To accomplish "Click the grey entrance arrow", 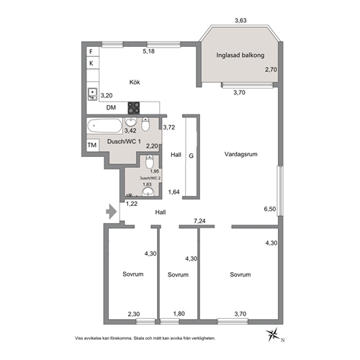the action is [112, 212].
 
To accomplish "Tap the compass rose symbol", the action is [272, 334].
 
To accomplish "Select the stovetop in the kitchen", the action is [134, 108].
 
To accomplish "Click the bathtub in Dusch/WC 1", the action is [104, 125].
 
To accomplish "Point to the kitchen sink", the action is [93, 94].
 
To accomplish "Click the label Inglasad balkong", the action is [240, 55].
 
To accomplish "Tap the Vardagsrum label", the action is [241, 154].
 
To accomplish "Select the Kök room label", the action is [135, 82].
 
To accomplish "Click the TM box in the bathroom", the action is [92, 145].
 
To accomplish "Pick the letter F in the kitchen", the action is [91, 52].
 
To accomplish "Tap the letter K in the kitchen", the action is [91, 63].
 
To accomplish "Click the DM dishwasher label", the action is [111, 107].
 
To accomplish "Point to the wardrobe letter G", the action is [191, 156].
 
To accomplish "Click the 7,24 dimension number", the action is [199, 221].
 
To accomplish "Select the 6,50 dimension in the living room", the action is [270, 209].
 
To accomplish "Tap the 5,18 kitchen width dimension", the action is [149, 51].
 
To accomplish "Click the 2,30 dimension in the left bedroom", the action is [134, 314].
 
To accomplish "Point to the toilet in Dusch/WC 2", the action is [150, 161].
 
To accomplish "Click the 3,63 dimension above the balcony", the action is [240, 20].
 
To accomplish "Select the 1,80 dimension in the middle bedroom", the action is [179, 314].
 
